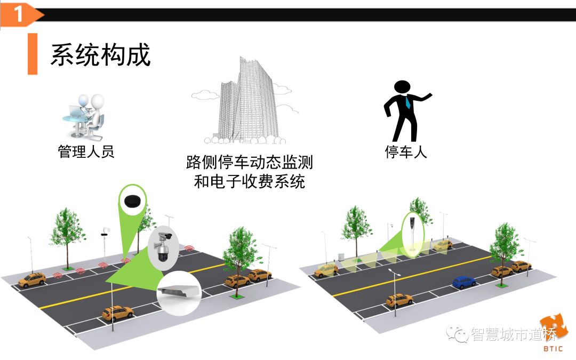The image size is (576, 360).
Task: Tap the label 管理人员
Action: click(x=86, y=152)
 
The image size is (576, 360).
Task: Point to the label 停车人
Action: click(x=406, y=152)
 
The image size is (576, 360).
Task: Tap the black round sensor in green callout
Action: click(x=132, y=201)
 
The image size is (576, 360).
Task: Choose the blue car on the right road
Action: click(x=463, y=282)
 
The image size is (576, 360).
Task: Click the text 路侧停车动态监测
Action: click(x=249, y=162)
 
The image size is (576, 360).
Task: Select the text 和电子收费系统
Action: click(x=249, y=182)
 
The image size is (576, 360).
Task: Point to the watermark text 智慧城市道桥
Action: click(x=513, y=335)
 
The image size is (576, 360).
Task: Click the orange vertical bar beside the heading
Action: click(x=33, y=54)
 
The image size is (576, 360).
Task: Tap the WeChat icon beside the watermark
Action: click(x=459, y=335)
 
